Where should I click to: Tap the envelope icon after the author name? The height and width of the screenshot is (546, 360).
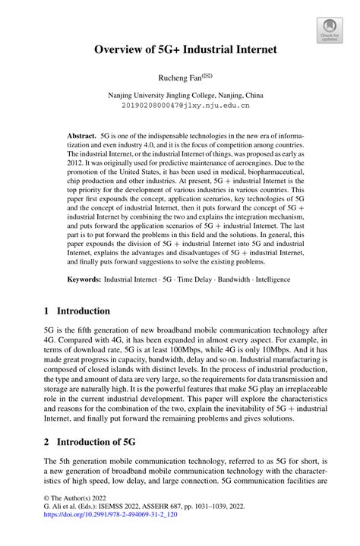[x=207, y=75]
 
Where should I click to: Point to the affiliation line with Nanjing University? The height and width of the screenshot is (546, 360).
[x=179, y=96]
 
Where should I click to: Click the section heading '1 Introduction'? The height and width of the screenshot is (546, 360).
[x=77, y=311]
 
